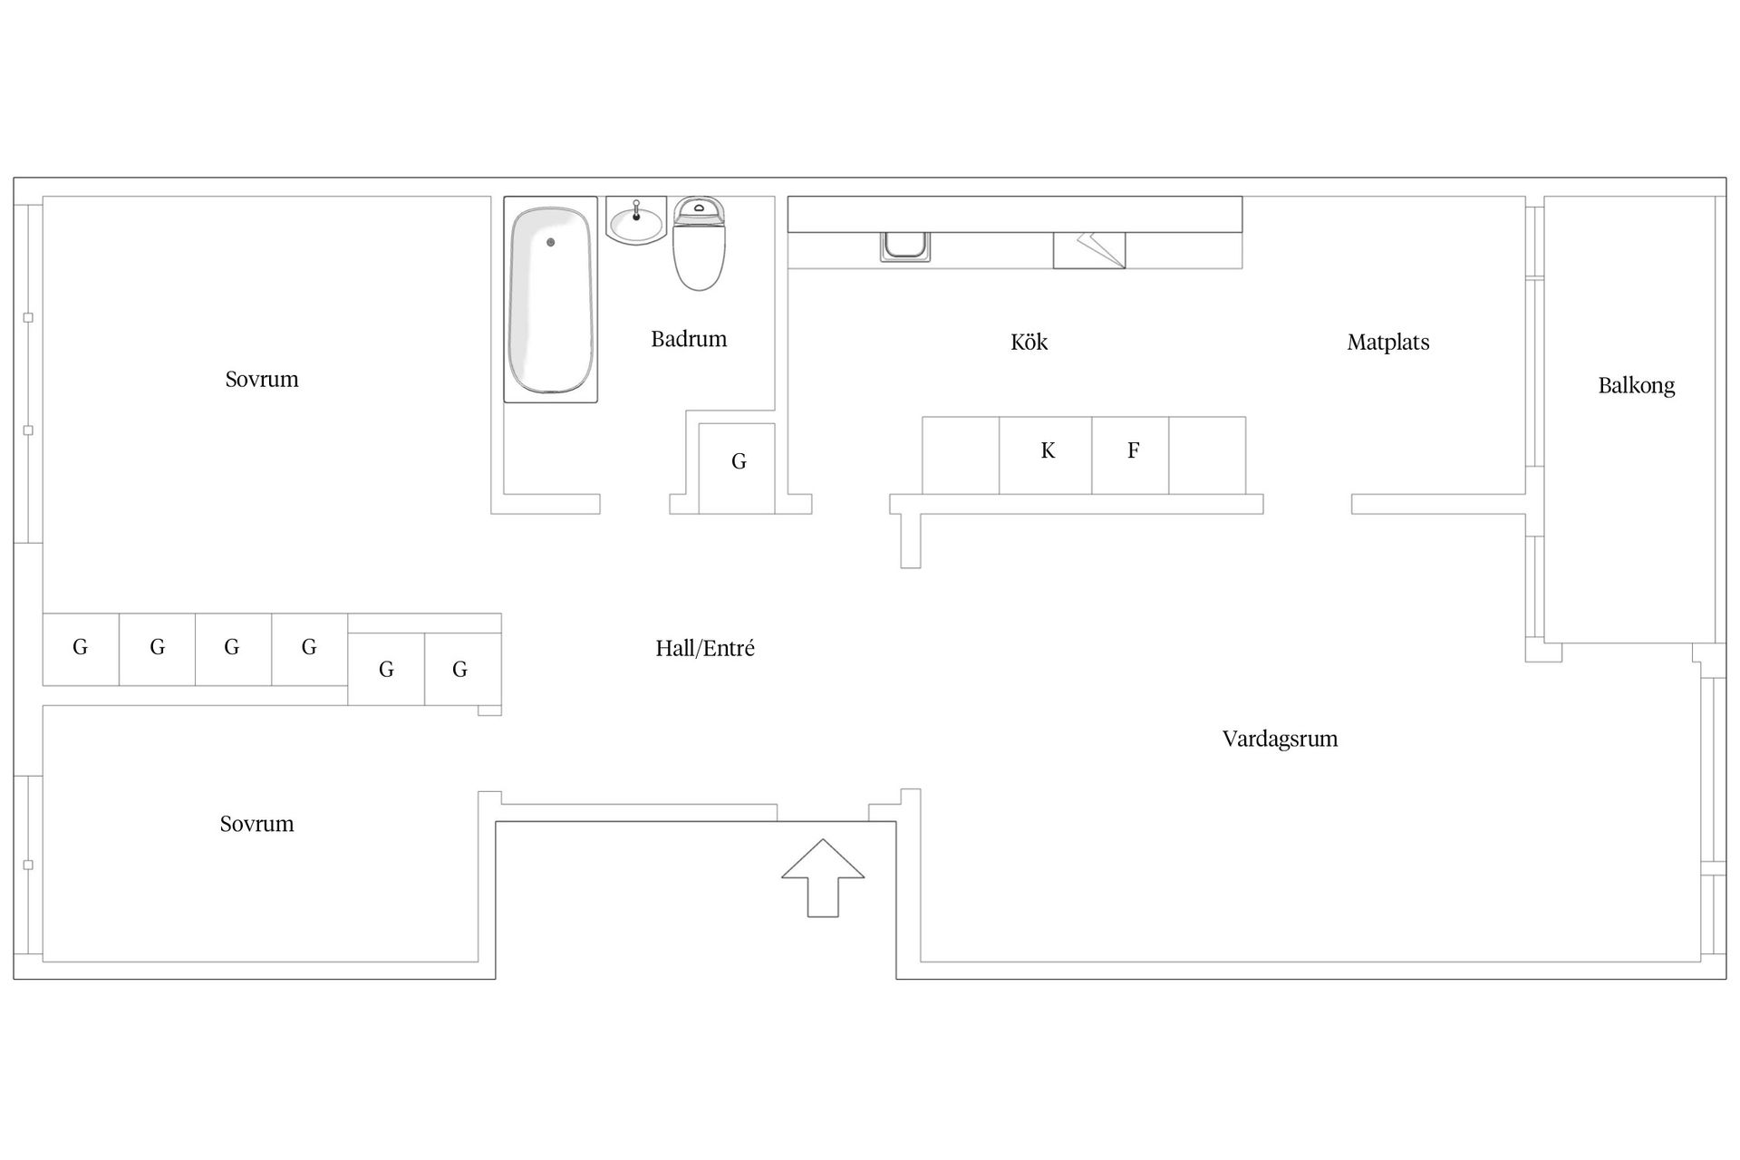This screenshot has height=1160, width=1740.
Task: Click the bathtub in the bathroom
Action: [551, 300]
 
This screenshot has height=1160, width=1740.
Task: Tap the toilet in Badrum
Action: [699, 244]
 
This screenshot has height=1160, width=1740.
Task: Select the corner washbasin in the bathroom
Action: [636, 221]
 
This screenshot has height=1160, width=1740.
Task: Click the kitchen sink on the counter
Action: [904, 246]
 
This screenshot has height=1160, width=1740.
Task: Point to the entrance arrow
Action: [823, 878]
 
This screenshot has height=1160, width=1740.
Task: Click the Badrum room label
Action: [689, 339]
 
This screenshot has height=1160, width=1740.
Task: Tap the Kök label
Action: [1029, 342]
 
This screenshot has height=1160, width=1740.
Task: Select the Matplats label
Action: [1388, 343]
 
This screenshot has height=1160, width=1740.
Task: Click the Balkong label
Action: [1637, 386]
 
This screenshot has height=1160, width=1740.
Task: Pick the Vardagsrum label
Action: [1280, 739]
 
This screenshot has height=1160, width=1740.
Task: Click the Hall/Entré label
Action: [705, 648]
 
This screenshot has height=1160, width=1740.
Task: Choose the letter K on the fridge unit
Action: [1048, 450]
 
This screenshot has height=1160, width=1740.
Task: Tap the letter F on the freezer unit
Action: [1133, 450]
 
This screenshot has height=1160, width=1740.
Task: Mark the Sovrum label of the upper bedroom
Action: [262, 379]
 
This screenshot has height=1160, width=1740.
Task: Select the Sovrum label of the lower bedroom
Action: [256, 824]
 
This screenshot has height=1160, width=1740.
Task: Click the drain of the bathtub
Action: [550, 242]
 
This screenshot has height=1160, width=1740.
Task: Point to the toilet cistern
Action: [699, 211]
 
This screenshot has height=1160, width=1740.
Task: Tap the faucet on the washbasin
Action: [636, 211]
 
